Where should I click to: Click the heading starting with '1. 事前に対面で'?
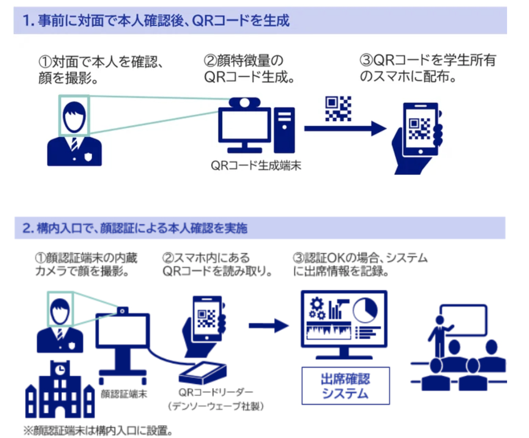click(156, 21)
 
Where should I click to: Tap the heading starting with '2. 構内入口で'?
click(134, 228)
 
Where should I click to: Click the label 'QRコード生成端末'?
click(256, 165)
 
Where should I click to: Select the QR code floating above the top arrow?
click(338, 108)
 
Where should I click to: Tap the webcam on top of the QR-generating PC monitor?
click(245, 102)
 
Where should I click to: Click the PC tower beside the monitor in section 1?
click(284, 129)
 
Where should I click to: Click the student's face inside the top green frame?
click(74, 116)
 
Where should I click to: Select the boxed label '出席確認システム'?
click(345, 386)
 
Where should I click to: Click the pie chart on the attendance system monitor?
click(365, 310)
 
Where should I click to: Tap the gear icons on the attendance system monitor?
click(317, 309)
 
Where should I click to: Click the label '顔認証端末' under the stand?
click(124, 394)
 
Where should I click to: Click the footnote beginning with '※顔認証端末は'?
click(98, 430)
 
